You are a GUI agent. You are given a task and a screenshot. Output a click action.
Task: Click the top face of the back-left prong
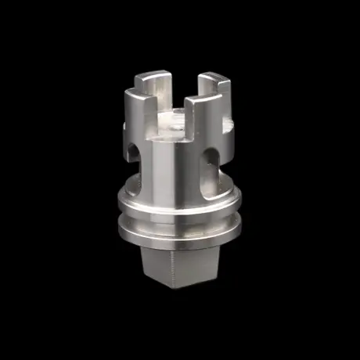coord(153,76)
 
